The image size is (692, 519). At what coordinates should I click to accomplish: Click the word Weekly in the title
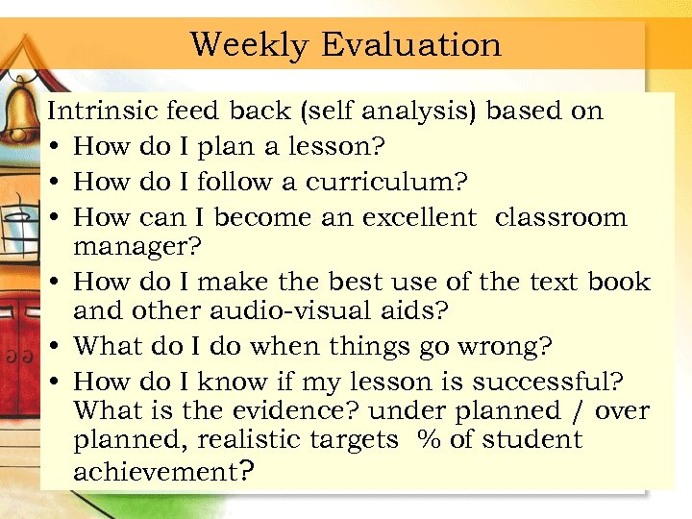(249, 44)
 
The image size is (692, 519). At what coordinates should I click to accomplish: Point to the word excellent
(419, 217)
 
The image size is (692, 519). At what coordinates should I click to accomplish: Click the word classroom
(561, 217)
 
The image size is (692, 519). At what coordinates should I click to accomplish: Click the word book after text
(620, 283)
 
